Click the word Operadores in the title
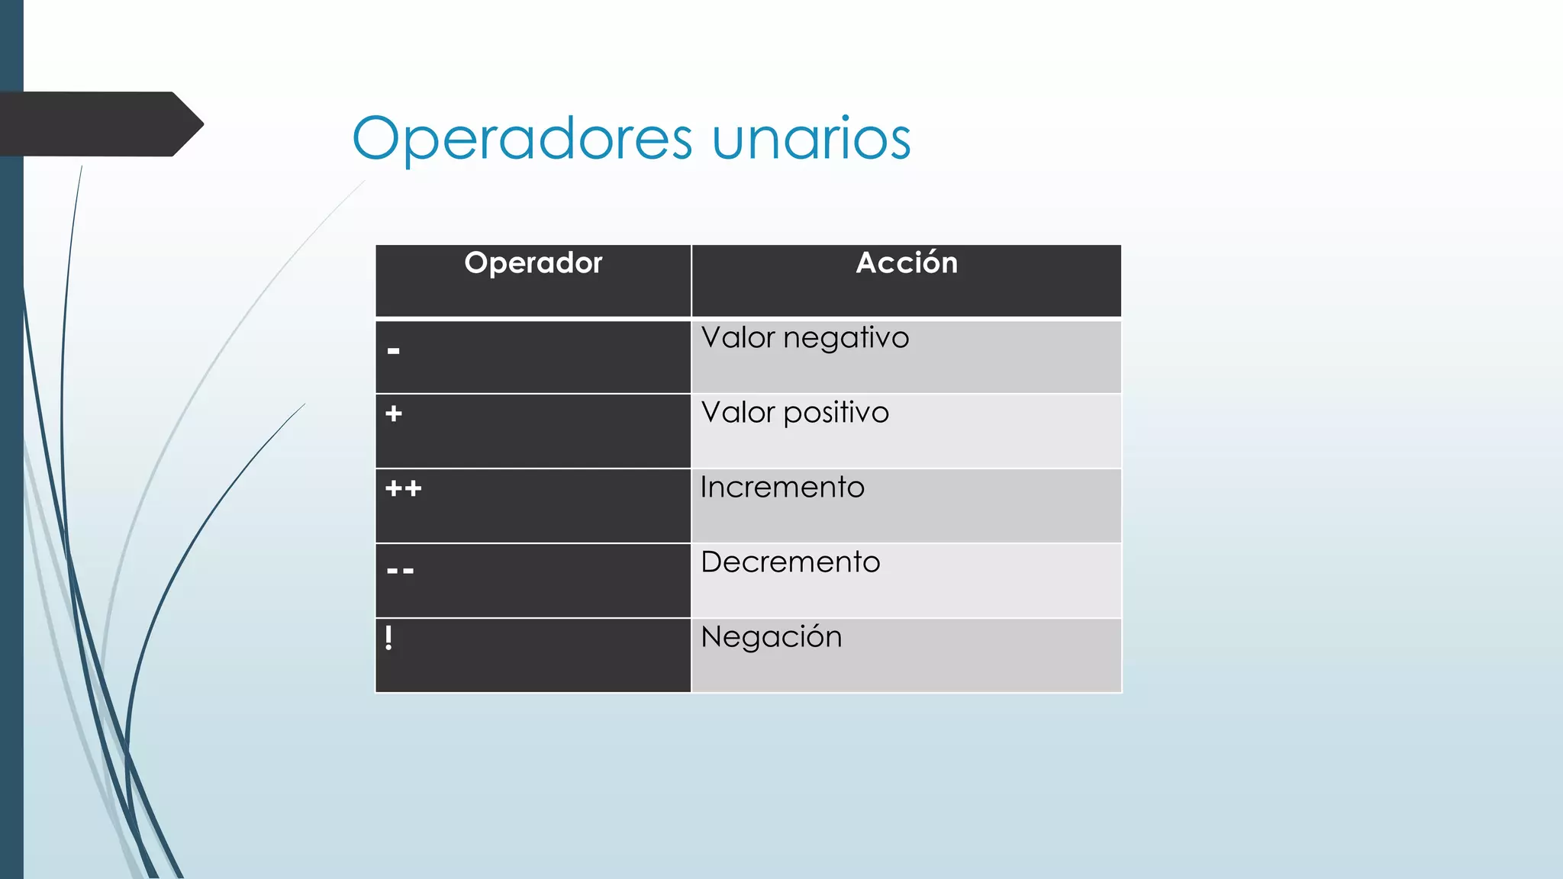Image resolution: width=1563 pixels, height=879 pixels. (x=522, y=139)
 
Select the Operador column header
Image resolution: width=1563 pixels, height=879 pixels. (x=533, y=263)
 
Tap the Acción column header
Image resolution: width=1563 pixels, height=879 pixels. (x=906, y=263)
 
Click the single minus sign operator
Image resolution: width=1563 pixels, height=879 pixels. (x=394, y=352)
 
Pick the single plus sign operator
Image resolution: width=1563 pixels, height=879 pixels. (x=394, y=414)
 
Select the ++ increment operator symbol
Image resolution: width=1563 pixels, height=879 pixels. (x=404, y=488)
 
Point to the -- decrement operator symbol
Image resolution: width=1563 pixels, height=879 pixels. (x=401, y=571)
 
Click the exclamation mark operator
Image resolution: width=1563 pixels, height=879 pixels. (x=389, y=637)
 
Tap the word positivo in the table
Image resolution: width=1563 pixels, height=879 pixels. (x=836, y=413)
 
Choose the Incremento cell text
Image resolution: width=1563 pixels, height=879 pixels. (x=782, y=488)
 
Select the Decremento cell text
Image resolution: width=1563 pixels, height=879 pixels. (x=791, y=562)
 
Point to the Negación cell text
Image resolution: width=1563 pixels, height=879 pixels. (x=771, y=637)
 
